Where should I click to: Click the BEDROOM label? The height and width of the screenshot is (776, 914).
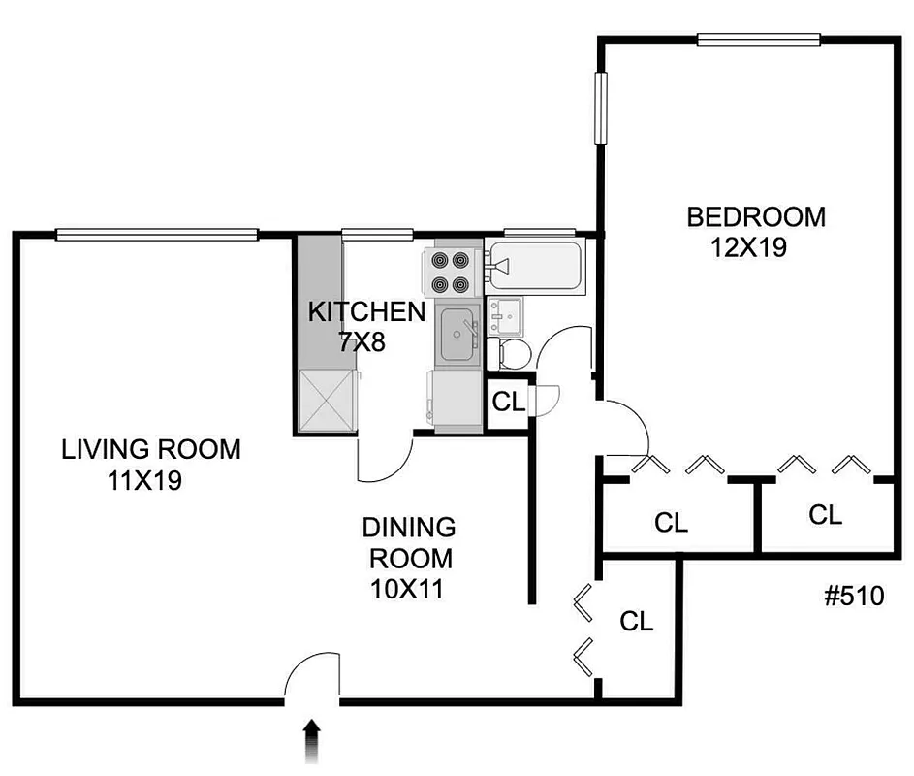pos(756,216)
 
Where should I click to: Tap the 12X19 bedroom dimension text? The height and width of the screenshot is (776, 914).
pos(747,247)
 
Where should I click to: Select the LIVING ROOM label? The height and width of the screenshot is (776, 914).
pos(150,450)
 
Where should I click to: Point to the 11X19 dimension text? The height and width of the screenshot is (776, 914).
pos(145,480)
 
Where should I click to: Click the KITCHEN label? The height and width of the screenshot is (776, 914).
pos(365,311)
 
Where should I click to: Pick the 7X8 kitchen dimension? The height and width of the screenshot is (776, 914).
pos(362,341)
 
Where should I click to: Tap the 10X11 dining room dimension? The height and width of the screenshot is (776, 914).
pos(406,588)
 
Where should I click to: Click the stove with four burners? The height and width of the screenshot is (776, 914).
pos(450,273)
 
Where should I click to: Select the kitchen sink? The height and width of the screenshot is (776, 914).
pos(457,336)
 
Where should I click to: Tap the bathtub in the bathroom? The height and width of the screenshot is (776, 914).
pos(535,265)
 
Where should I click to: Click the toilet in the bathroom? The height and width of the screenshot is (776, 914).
pos(510,352)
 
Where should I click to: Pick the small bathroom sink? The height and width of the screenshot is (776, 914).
pos(505,313)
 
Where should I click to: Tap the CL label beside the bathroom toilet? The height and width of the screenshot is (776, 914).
pos(508,401)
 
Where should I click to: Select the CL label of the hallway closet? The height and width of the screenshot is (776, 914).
pos(637,621)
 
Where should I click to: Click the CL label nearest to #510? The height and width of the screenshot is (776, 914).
pos(825,514)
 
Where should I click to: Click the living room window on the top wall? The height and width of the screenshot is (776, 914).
pos(157,234)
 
